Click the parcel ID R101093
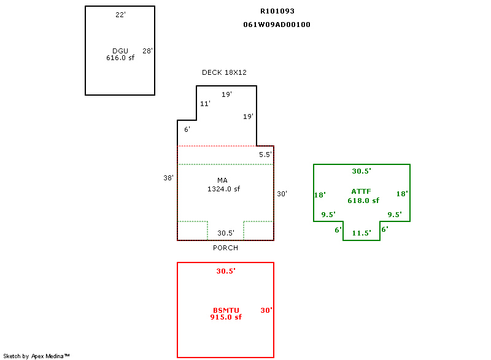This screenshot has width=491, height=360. [277, 11]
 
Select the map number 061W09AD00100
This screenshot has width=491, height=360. [277, 25]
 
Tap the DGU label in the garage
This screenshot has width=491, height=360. [120, 51]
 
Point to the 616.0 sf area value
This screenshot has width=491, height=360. [120, 58]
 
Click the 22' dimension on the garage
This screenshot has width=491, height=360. [120, 15]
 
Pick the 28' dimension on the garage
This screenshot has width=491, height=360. [147, 51]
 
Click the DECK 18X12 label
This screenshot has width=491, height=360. [224, 72]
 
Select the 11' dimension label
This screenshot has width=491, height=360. [205, 104]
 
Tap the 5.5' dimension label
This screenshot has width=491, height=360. [265, 155]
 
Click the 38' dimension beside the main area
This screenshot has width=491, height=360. [168, 178]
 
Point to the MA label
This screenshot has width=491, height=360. [222, 180]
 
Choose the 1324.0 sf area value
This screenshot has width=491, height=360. [223, 189]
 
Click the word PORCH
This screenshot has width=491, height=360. [225, 248]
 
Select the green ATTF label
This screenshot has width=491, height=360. [361, 191]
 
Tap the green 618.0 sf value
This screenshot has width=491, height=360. [363, 201]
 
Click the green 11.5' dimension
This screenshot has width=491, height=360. [361, 233]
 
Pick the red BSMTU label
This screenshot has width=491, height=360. [226, 310]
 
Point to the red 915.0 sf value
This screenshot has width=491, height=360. [226, 317]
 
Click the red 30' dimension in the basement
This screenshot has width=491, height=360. [266, 310]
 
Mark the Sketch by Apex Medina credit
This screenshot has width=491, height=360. [36, 356]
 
